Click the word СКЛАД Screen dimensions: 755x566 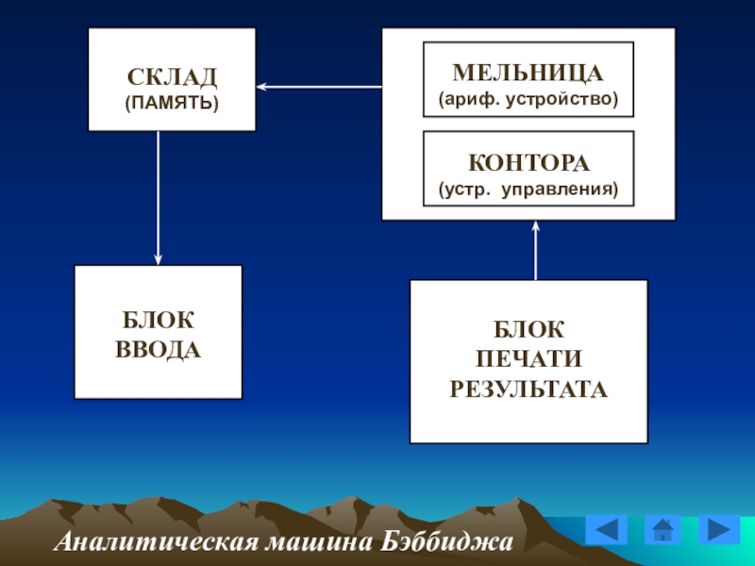[172, 77]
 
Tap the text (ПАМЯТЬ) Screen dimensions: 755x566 [172, 103]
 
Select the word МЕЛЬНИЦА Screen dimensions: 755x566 [528, 74]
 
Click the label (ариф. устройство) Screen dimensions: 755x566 [528, 99]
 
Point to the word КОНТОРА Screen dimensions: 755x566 [528, 162]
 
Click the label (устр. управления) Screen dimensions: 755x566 [528, 189]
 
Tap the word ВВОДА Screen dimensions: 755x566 [158, 350]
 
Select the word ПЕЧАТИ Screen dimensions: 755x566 [528, 359]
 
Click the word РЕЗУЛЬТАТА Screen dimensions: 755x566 [528, 389]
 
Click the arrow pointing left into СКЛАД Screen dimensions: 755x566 [319, 87]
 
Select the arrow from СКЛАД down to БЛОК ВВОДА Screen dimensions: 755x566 [158, 198]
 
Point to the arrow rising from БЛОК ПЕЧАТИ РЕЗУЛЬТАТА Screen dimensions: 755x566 [535, 250]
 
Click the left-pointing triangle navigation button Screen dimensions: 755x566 [606, 530]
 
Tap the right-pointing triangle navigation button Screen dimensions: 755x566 [719, 530]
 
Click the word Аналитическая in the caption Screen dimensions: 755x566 [157, 541]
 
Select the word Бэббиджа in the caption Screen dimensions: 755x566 [446, 541]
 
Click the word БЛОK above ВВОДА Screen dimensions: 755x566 [158, 320]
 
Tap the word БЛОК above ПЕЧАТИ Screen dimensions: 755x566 [528, 329]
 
